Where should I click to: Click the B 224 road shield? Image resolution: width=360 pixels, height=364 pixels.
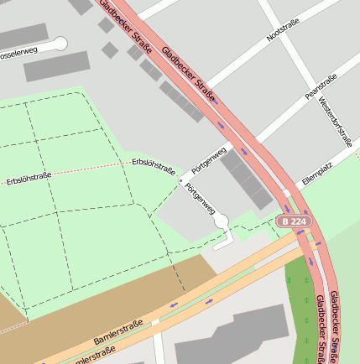coord(295,221)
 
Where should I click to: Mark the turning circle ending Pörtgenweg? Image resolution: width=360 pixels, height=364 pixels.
coord(222,221)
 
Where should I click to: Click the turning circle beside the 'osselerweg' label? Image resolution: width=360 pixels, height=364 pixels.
coord(60,44)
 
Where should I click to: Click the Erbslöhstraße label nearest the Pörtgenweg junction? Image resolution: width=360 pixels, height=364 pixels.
coord(154,165)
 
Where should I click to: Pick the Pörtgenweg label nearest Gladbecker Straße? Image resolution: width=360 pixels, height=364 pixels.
coord(209,159)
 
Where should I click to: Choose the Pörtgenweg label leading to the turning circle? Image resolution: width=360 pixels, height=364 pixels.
coord(200,200)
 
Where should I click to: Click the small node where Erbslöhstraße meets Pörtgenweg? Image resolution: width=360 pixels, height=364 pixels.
coord(180,179)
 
